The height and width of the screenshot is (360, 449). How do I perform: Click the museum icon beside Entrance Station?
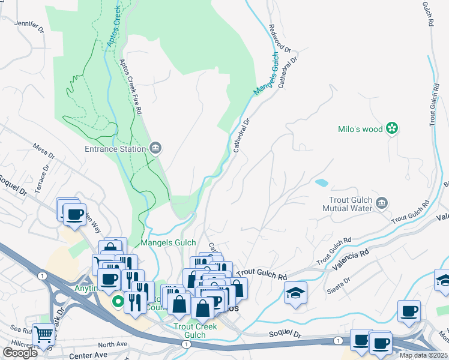155,148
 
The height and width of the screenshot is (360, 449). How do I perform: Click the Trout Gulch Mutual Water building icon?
381,204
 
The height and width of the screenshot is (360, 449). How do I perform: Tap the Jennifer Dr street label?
29,26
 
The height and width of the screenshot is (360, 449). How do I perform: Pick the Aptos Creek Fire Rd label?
130,86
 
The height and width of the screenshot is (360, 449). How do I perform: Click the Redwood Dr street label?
280,38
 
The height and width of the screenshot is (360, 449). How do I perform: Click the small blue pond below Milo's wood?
321,182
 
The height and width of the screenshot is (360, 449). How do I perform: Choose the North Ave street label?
113,344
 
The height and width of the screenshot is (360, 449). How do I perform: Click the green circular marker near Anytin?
119,301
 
